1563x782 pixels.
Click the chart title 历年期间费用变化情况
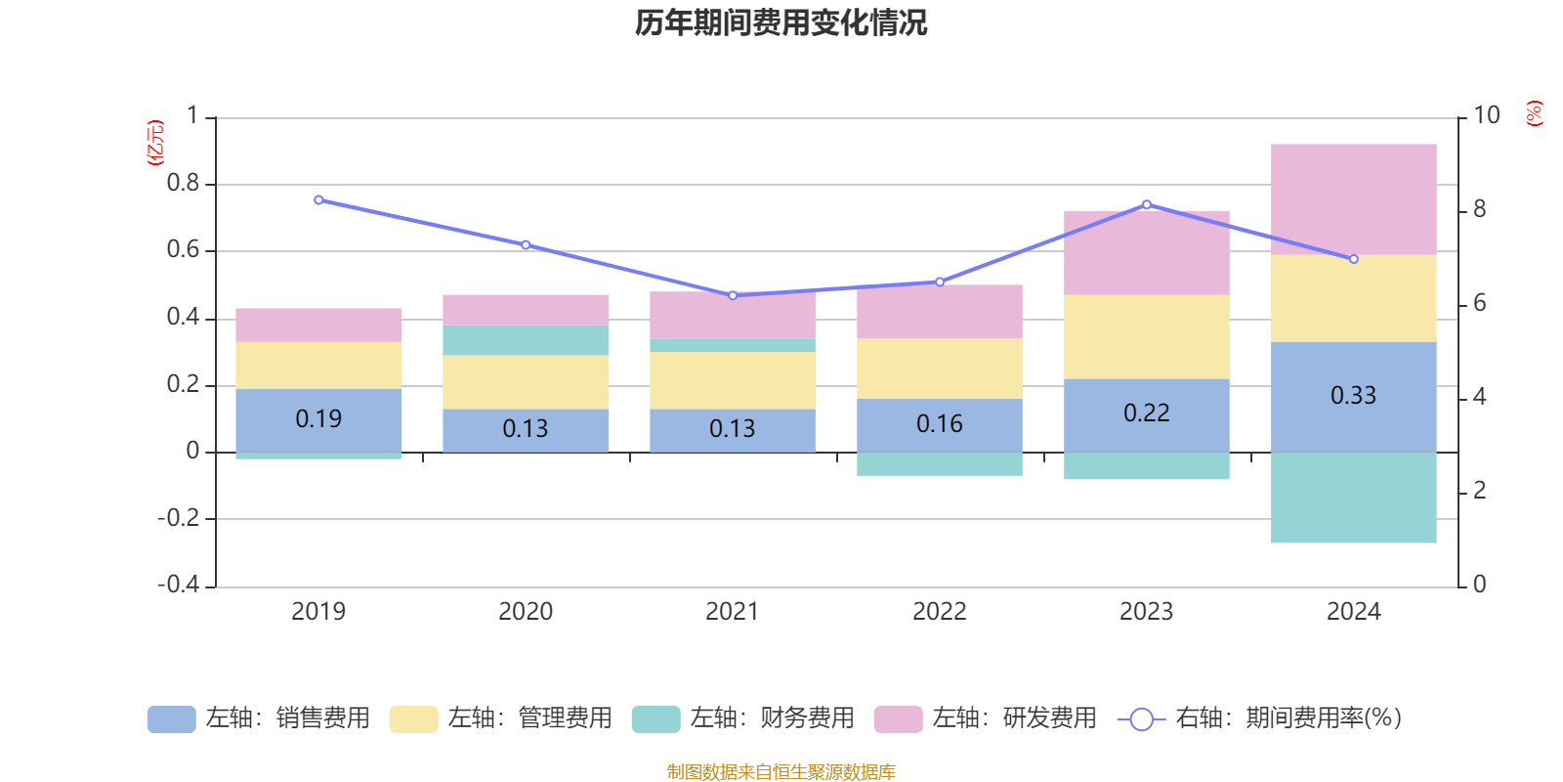781,22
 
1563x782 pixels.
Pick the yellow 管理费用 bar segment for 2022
939,369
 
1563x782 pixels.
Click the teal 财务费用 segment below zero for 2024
1353,498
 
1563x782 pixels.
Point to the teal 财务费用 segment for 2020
525,340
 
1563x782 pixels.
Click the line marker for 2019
318,199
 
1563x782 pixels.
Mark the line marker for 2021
733,295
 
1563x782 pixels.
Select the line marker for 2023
1147,204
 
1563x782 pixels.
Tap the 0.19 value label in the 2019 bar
318,419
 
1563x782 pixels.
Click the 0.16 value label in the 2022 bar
939,424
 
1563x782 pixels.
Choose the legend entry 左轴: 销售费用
259,718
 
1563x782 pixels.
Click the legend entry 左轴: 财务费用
743,718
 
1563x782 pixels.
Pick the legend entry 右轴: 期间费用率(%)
1259,718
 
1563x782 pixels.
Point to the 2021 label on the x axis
732,612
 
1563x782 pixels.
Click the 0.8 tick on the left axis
183,184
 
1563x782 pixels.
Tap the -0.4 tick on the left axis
179,585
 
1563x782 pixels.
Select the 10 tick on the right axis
1486,115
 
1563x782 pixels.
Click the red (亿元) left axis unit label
155,143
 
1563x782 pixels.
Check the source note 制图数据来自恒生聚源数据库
781,772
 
